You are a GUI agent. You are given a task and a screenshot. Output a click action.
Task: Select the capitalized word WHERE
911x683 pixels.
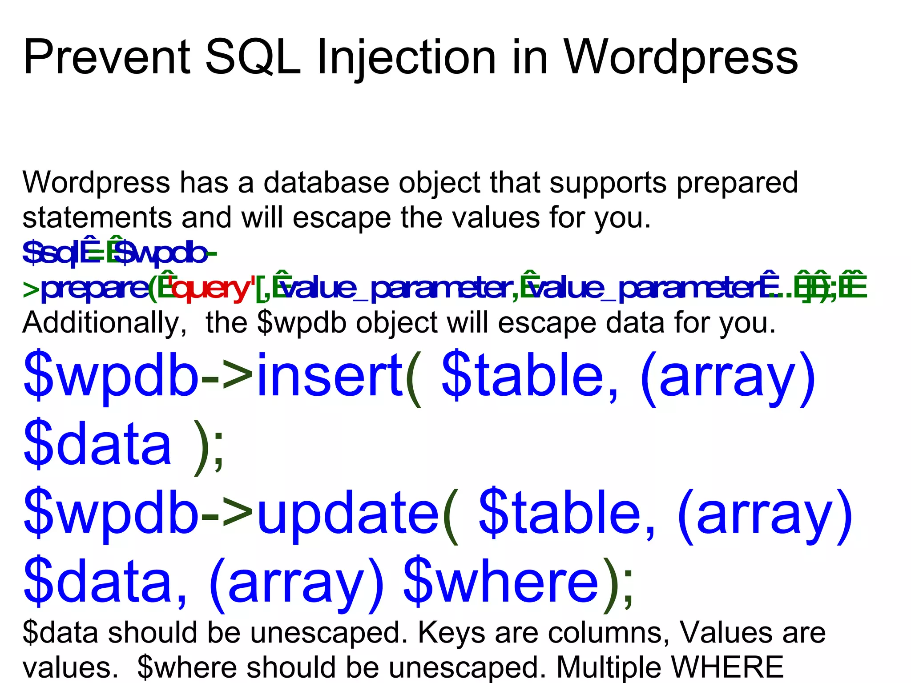pyautogui.click(x=728, y=667)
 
